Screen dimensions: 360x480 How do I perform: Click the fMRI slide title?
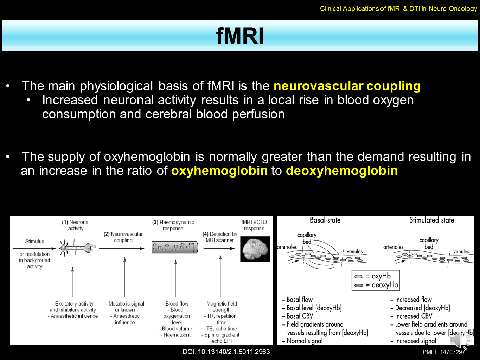[239, 36]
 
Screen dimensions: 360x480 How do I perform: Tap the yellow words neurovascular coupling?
[347, 86]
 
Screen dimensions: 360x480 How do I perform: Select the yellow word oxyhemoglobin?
[219, 171]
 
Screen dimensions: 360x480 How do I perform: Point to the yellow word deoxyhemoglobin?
[342, 171]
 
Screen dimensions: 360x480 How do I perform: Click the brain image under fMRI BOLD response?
[255, 249]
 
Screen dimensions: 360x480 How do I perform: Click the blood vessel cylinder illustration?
[175, 247]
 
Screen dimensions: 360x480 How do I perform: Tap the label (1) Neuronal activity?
[76, 225]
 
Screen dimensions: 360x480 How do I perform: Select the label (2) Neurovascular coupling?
[123, 237]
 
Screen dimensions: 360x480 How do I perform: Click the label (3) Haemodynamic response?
[173, 225]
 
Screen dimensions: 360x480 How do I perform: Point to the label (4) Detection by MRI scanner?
[220, 237]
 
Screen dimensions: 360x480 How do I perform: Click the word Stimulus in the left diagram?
[34, 242]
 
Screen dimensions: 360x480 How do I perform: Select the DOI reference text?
[226, 352]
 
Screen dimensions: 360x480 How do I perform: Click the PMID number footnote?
[444, 352]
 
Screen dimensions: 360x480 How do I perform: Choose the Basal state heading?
[325, 220]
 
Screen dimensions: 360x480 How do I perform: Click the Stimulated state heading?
[431, 220]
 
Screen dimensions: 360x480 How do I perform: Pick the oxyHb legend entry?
[376, 276]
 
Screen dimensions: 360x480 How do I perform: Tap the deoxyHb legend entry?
[376, 285]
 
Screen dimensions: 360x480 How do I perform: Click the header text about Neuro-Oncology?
[398, 9]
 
